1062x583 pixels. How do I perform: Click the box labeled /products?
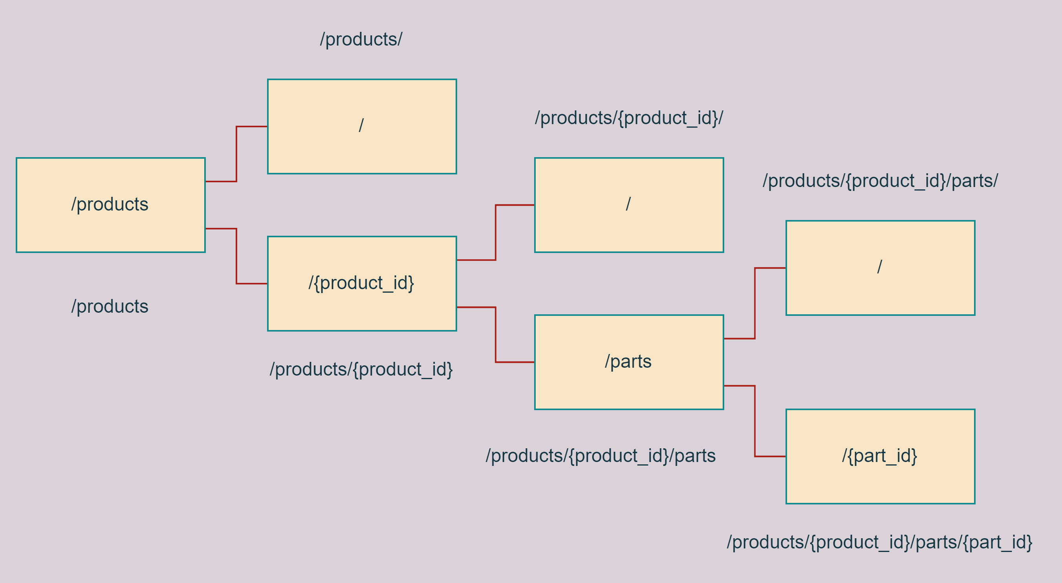click(110, 205)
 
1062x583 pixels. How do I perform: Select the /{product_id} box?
click(362, 284)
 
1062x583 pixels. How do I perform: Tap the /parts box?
click(629, 362)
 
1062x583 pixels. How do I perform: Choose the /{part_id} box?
click(880, 456)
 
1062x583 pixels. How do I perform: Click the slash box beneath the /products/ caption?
click(362, 126)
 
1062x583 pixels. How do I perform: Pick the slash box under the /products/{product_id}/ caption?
click(629, 205)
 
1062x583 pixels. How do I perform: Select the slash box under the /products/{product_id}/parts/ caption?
click(880, 268)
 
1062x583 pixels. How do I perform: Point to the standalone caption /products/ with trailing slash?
click(361, 40)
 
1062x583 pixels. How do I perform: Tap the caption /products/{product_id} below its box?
click(361, 369)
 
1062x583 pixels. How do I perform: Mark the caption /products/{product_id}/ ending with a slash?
click(629, 118)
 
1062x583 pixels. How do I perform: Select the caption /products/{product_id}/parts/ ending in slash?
click(880, 181)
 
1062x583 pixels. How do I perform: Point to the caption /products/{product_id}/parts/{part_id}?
click(879, 542)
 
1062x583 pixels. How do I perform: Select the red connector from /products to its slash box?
click(236, 153)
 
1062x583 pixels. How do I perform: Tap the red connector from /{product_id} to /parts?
click(496, 335)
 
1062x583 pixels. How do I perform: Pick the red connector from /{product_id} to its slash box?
click(496, 232)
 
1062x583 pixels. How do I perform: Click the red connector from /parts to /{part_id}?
click(755, 422)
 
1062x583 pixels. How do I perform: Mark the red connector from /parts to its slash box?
click(755, 303)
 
